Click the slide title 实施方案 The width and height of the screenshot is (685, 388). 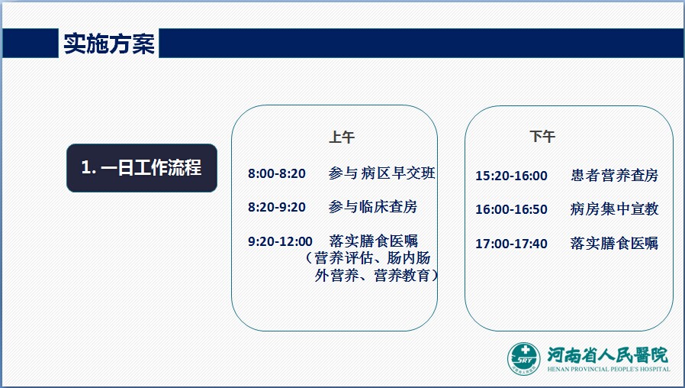109,44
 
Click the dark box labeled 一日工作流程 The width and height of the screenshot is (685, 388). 142,168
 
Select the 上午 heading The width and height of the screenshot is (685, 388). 342,137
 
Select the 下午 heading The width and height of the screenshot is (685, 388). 542,137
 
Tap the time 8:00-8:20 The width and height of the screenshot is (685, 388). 277,173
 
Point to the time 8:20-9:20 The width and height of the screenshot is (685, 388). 277,207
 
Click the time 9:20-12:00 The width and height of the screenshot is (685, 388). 280,241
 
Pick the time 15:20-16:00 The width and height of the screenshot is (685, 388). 511,176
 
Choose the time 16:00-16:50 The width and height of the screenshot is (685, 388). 511,209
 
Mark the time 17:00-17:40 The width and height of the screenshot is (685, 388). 511,244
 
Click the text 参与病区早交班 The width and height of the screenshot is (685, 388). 382,173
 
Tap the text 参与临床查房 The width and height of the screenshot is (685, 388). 373,206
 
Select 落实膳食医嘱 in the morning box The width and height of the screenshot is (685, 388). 374,241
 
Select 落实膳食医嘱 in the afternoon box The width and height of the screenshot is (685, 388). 614,243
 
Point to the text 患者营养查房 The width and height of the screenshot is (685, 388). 614,176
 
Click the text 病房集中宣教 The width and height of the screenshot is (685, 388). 614,209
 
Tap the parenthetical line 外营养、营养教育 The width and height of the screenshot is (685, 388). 376,276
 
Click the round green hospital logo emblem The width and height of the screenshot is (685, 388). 524,359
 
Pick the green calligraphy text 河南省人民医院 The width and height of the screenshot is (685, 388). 608,355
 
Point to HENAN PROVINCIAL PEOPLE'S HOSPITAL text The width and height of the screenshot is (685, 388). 609,369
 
